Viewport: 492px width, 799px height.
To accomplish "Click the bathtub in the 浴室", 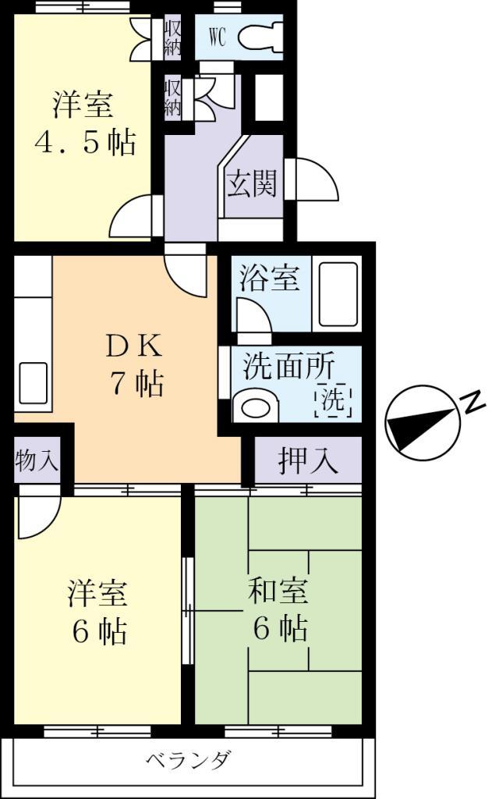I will pos(337,295).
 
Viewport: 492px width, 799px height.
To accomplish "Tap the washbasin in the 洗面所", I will pos(256,407).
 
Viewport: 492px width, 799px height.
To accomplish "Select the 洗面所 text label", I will pos(288,366).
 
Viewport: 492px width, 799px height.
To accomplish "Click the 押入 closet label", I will pos(308,462).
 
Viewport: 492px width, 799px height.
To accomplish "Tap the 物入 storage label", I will pos(37,461).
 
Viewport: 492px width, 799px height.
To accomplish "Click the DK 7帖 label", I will pos(135,364).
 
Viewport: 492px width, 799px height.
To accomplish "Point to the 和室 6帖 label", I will pos(278,609).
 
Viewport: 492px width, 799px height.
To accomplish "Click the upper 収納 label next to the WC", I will pos(172,37).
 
